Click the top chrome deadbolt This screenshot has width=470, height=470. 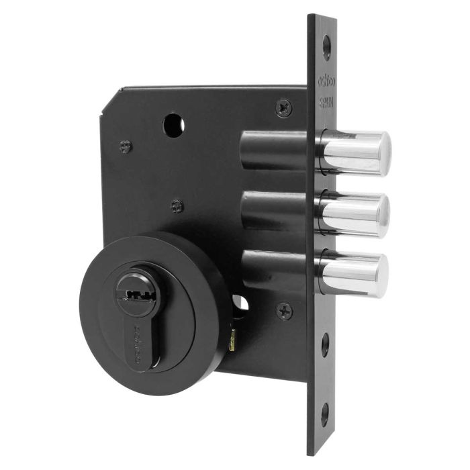click(x=356, y=153)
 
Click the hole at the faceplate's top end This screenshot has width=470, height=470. click(x=327, y=46)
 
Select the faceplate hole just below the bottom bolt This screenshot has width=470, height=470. click(x=325, y=344)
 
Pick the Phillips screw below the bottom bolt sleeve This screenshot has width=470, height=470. click(x=285, y=310)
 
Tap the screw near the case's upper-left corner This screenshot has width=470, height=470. click(x=126, y=145)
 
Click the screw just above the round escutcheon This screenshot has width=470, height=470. click(x=177, y=206)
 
